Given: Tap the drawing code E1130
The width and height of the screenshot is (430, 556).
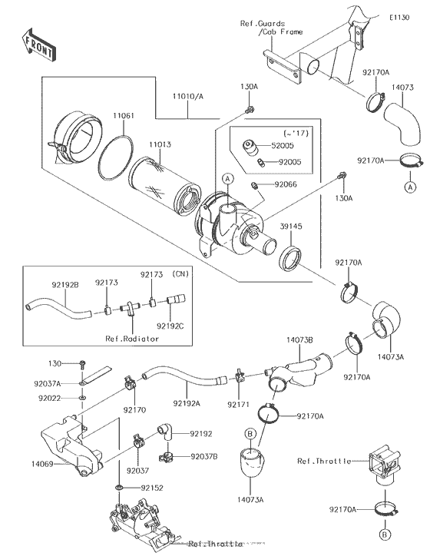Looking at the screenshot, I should (398, 16).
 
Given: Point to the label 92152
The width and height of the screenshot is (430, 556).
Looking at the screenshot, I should (150, 488).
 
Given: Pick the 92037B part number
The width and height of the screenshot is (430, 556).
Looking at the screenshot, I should (203, 456).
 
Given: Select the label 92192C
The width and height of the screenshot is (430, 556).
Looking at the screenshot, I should (173, 326).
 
